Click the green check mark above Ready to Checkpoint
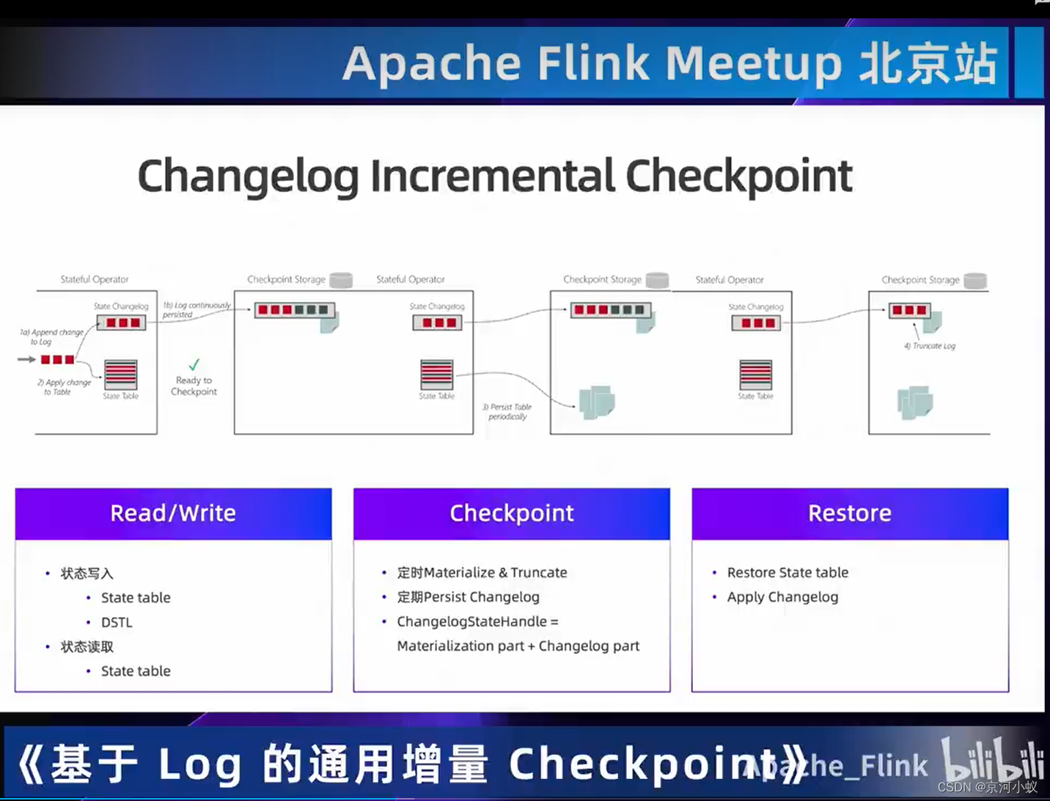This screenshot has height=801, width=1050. (194, 364)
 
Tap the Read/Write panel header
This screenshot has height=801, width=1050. (173, 514)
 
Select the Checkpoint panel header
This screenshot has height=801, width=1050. (511, 514)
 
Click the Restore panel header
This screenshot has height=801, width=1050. (849, 514)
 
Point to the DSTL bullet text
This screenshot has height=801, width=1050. (117, 622)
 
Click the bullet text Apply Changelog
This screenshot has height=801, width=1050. (782, 597)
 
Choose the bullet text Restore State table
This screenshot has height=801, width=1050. (787, 572)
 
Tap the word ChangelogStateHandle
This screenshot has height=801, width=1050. (471, 621)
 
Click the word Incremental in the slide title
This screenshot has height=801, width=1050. (492, 177)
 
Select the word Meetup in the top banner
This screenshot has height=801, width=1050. (753, 64)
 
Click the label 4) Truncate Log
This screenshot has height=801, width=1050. (930, 346)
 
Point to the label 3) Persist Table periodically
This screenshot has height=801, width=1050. (507, 411)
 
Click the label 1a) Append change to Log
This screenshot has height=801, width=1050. (51, 336)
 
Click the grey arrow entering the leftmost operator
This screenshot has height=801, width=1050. (26, 359)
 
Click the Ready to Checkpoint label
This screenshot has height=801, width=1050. (194, 385)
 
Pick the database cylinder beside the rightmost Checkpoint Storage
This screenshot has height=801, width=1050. (974, 280)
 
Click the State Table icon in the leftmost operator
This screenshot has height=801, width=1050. (121, 374)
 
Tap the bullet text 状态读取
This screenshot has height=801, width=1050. (87, 646)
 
